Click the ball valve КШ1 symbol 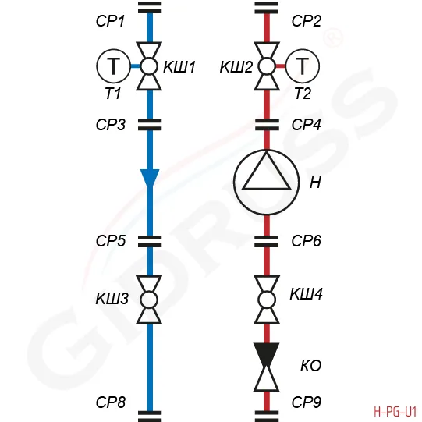click(149, 66)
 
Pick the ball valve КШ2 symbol click(267, 66)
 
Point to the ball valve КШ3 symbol click(149, 300)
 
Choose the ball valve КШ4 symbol click(267, 300)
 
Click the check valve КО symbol click(267, 367)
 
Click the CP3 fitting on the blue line click(150, 125)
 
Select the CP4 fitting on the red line click(267, 125)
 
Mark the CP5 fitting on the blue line click(150, 241)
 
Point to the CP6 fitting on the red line click(267, 241)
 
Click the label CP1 click(110, 21)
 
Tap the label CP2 click(307, 21)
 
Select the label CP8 click(111, 402)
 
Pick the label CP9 click(307, 402)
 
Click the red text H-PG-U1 click(395, 412)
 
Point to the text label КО click(311, 366)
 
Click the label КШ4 click(307, 293)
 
